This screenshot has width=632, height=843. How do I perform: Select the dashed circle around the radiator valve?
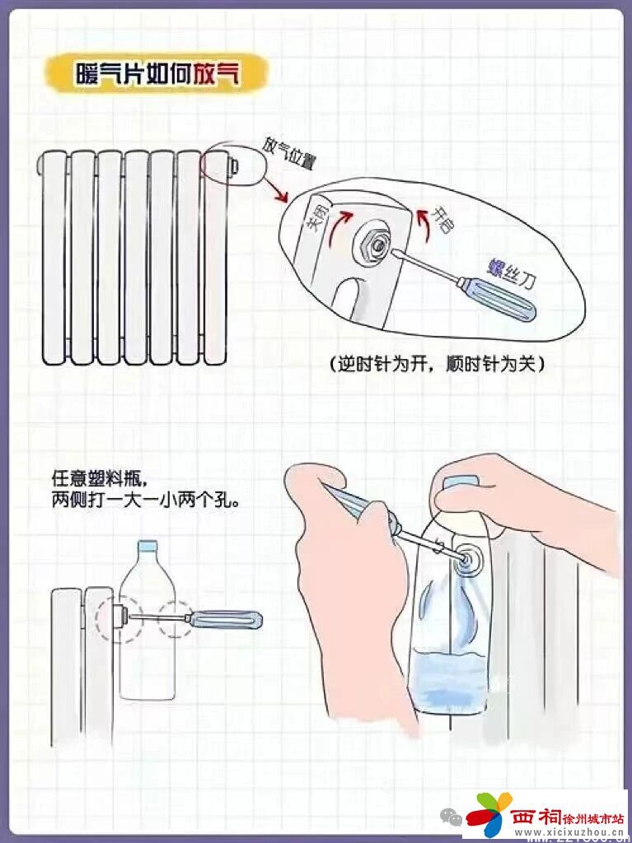click(116, 615)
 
